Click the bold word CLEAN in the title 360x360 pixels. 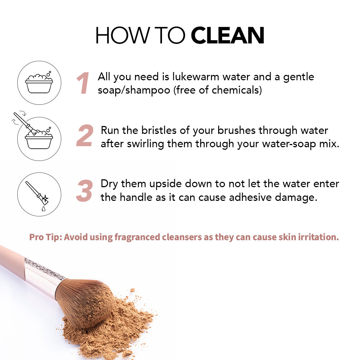pyautogui.click(x=227, y=35)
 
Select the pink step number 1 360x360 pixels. pyautogui.click(x=83, y=83)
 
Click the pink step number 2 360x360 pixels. pyautogui.click(x=85, y=135)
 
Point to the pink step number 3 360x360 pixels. pyautogui.click(x=85, y=191)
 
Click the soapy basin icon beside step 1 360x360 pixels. pyautogui.click(x=39, y=83)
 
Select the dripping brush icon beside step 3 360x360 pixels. pyautogui.click(x=39, y=194)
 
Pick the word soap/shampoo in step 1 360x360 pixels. pyautogui.click(x=134, y=90)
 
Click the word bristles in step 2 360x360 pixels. pyautogui.click(x=159, y=130)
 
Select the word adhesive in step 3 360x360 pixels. pyautogui.click(x=250, y=197)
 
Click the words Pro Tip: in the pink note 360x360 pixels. pyautogui.click(x=46, y=237)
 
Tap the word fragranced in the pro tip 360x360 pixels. pyautogui.click(x=137, y=237)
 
